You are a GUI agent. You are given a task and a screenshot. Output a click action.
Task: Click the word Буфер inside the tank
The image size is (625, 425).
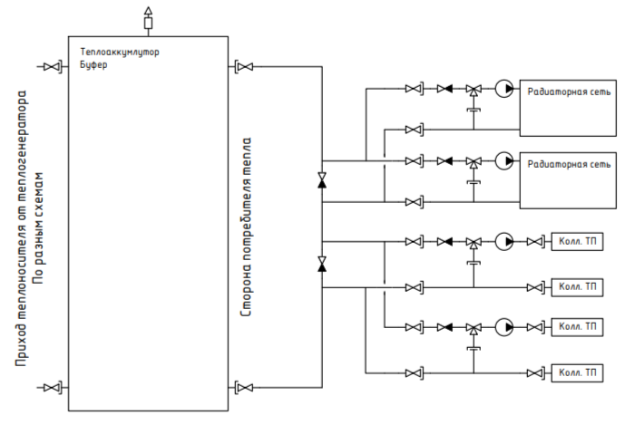[x=93, y=64]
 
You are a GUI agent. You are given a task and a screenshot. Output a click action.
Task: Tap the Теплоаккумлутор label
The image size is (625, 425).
[x=120, y=52]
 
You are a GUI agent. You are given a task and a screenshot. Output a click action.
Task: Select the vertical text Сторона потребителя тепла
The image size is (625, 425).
[x=247, y=227]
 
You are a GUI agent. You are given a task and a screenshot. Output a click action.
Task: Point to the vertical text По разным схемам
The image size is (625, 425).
[x=39, y=227]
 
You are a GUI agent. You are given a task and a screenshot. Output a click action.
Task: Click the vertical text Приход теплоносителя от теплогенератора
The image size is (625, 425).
[x=21, y=228]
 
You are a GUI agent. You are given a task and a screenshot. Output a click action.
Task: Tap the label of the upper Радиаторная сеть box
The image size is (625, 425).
[x=569, y=92]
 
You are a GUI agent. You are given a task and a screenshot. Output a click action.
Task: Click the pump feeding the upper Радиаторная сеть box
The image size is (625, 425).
[x=504, y=89]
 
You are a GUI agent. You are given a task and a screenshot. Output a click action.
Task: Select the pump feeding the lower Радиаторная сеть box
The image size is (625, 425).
[x=504, y=161]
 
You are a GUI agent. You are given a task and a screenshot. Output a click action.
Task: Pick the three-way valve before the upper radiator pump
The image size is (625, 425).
[x=474, y=90]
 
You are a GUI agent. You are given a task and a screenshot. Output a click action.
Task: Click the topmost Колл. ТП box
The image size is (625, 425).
[x=577, y=242]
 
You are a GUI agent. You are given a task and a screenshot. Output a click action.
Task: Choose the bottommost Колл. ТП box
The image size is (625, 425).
[x=577, y=373]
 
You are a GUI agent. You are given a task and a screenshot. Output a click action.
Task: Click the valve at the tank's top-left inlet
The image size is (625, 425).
[x=52, y=66]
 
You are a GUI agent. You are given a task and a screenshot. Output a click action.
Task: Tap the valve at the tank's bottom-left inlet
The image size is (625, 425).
[x=52, y=387]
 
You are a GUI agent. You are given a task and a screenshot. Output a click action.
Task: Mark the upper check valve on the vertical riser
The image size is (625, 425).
[x=322, y=180]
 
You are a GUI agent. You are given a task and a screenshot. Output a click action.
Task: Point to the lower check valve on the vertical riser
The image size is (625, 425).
[x=322, y=264]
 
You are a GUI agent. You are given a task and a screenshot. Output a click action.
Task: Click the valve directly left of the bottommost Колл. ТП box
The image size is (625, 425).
[x=535, y=373]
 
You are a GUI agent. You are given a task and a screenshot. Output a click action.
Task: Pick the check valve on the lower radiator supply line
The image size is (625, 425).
[x=444, y=161]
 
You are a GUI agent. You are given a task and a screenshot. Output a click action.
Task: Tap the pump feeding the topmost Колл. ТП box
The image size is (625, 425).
[x=504, y=242]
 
